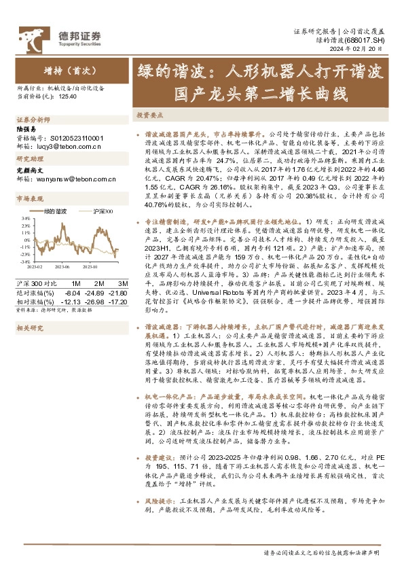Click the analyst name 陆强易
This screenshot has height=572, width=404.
pyautogui.click(x=25, y=128)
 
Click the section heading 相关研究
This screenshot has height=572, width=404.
pyautogui.click(x=29, y=327)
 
